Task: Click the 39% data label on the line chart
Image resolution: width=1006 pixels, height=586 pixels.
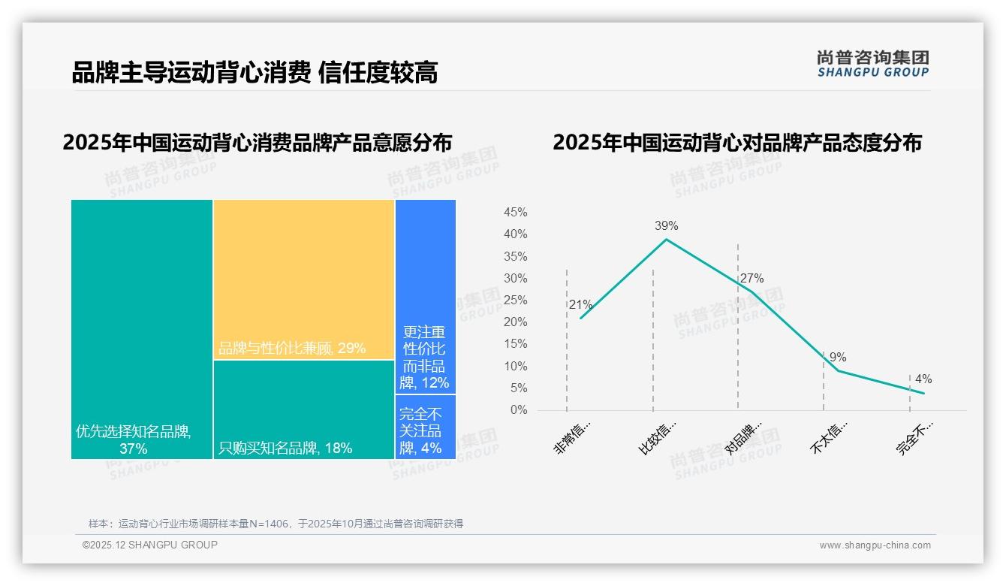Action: point(666,225)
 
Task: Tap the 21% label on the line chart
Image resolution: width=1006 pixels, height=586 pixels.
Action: point(580,305)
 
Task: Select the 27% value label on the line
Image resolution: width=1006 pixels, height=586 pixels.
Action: point(751,279)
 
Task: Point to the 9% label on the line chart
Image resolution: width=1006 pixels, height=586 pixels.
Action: point(838,357)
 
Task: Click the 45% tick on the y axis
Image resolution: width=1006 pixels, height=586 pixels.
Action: point(515,213)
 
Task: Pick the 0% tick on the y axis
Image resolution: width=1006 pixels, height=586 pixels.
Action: point(519,410)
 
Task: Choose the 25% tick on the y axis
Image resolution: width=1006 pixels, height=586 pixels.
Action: point(515,301)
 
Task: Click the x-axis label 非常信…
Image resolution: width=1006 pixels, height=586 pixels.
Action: point(574,438)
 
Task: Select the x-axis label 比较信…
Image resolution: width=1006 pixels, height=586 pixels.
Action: point(658,438)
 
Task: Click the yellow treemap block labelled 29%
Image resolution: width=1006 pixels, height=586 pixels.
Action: point(304,279)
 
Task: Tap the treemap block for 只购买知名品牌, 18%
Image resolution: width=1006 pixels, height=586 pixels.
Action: point(304,409)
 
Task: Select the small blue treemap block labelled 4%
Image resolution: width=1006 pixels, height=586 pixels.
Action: point(426,427)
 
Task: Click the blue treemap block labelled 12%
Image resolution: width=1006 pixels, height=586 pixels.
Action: point(426,296)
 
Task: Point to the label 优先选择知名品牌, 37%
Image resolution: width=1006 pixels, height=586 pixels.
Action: point(134,440)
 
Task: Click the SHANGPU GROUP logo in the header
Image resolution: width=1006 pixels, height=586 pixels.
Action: point(872,64)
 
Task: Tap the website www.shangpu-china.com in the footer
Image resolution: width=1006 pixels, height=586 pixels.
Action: point(875,545)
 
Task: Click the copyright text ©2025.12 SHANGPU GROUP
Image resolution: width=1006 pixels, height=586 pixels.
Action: point(150,545)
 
